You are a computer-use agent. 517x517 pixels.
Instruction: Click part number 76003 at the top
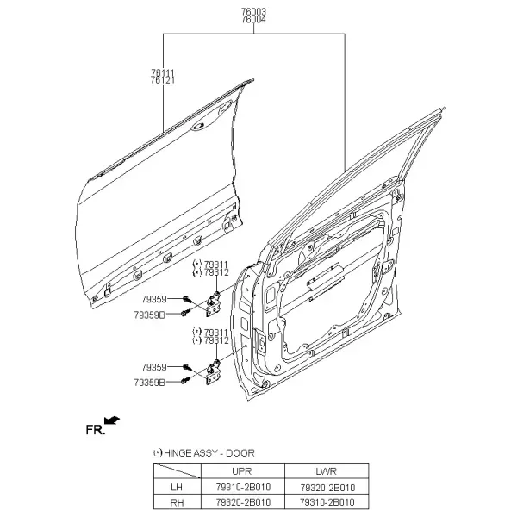[253, 11]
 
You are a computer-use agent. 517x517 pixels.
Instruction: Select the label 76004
[253, 20]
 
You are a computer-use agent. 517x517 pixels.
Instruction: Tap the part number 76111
[163, 72]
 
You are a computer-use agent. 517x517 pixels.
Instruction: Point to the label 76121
[163, 80]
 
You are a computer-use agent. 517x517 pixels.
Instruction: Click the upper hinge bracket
[214, 305]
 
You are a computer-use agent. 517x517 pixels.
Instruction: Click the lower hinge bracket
[214, 372]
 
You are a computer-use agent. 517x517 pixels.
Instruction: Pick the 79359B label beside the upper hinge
[149, 315]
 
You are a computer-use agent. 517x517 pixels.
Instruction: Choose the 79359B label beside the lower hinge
[149, 383]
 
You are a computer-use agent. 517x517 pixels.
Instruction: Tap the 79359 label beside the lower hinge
[154, 367]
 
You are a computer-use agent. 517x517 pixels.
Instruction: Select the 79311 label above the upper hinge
[216, 265]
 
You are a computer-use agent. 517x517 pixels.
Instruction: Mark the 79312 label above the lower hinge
[216, 340]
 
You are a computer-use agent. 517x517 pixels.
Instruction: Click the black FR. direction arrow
[112, 420]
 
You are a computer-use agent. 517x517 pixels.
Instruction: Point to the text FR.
[96, 430]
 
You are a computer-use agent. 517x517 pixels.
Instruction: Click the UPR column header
[241, 471]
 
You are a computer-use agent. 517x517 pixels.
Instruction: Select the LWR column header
[326, 471]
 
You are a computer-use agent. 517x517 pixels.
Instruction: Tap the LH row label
[177, 487]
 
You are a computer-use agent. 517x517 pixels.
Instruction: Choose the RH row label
[177, 503]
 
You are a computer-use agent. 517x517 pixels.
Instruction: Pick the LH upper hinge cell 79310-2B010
[243, 487]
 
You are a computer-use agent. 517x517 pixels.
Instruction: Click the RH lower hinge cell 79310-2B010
[327, 502]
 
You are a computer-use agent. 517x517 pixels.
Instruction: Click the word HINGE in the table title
[178, 453]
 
